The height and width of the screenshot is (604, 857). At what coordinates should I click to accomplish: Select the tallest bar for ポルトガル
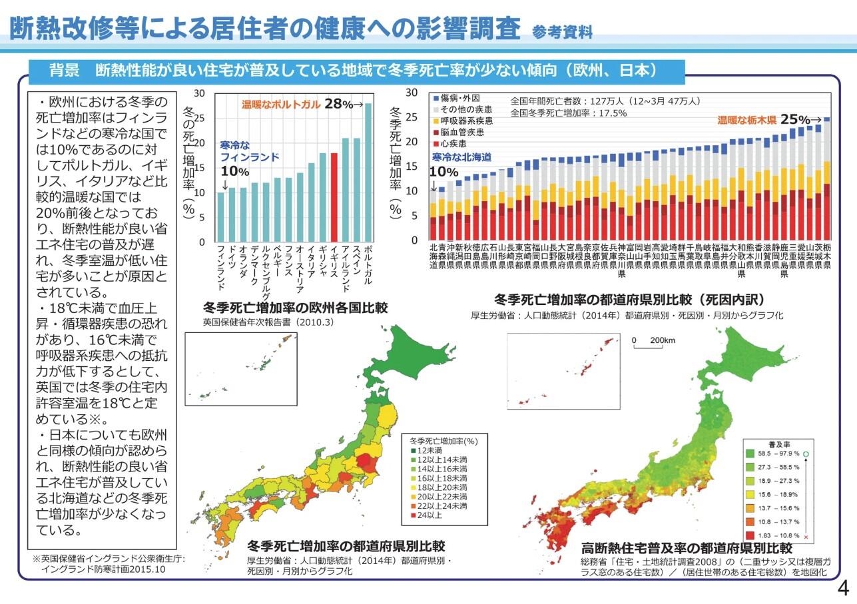(x=368, y=172)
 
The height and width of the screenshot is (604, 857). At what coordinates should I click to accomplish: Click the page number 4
(x=842, y=589)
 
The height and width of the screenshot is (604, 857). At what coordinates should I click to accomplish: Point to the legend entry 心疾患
(x=451, y=143)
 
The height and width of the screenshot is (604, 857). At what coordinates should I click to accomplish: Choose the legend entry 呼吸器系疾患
(x=464, y=121)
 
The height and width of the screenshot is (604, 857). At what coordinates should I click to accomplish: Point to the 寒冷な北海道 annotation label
(x=461, y=157)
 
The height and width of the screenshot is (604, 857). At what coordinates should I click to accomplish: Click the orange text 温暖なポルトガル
(x=281, y=105)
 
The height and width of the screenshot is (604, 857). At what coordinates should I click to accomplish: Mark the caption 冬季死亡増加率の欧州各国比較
(x=295, y=308)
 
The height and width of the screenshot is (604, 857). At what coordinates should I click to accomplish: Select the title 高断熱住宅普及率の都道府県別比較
(x=686, y=548)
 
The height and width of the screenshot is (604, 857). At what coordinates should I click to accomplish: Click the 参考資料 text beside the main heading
(x=563, y=31)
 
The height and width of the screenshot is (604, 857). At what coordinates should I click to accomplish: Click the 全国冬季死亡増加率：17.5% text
(x=569, y=113)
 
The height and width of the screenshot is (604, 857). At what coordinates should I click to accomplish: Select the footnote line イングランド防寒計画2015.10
(x=103, y=570)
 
